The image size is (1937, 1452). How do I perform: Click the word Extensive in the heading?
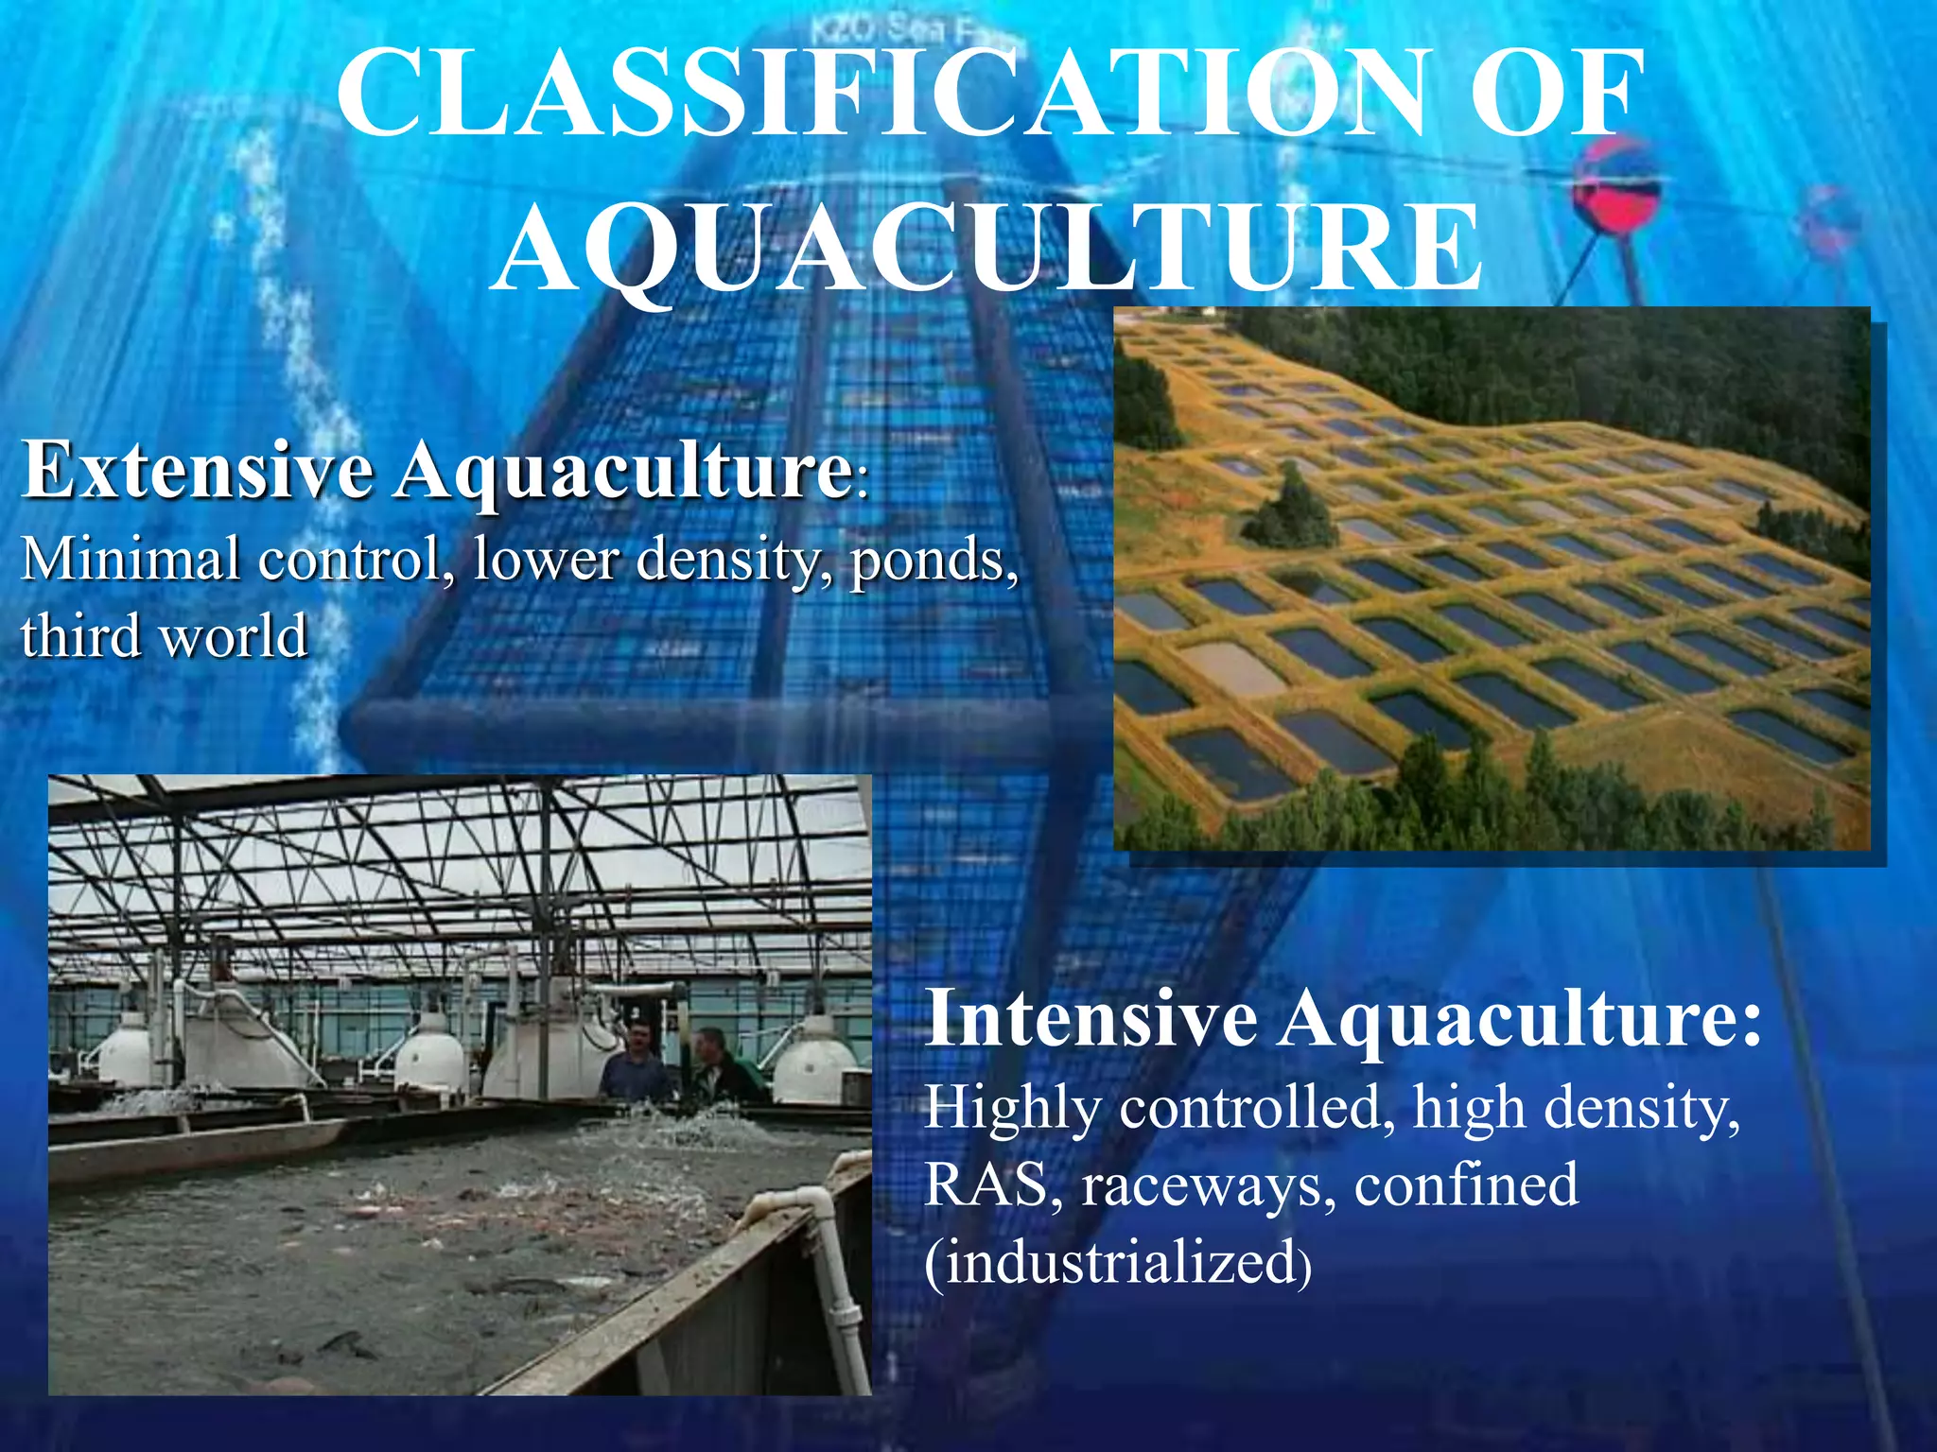199,470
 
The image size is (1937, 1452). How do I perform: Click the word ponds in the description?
933,560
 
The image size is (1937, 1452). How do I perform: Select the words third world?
165,635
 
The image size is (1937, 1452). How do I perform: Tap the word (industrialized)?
1117,1262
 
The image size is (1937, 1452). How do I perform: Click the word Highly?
1011,1108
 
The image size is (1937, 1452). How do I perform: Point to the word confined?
1466,1184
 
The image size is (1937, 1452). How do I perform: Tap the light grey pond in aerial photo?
1230,667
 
